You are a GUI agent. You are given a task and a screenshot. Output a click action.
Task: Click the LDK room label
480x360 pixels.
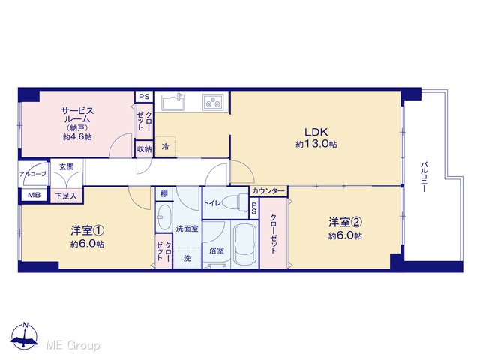[316, 132]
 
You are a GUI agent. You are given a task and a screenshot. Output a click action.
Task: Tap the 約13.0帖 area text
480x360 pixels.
[316, 144]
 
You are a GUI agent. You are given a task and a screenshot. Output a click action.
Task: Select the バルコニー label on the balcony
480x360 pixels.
[424, 178]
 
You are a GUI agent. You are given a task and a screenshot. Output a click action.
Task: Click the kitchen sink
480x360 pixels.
[173, 102]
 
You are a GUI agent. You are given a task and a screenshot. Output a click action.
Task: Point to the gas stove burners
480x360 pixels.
[213, 102]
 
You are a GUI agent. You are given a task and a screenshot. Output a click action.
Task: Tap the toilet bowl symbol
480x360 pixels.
[235, 202]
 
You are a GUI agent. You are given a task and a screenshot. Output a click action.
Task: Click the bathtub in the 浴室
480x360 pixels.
[244, 244]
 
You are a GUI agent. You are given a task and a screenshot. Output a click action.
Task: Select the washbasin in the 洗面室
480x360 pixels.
[164, 217]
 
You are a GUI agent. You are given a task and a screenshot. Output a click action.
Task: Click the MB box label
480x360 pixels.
[34, 195]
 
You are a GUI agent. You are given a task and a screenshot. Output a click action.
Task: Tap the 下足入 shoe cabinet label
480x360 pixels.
[66, 196]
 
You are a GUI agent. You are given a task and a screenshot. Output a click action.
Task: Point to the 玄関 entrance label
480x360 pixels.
[67, 167]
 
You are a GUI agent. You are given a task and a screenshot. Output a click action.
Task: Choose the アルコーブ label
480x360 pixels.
[33, 174]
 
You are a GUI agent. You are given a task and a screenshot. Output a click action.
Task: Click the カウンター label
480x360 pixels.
[268, 191]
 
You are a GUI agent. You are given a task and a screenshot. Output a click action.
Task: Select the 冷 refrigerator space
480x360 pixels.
[165, 147]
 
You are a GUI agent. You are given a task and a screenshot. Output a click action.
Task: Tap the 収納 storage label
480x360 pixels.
[144, 149]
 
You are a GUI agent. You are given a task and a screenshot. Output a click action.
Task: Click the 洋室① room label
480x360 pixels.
[87, 230]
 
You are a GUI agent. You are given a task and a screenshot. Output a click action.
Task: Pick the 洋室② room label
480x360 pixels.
[345, 222]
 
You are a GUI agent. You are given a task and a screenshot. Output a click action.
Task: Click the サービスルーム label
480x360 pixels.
[77, 115]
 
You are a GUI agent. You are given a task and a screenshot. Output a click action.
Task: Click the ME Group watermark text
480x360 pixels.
[73, 346]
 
